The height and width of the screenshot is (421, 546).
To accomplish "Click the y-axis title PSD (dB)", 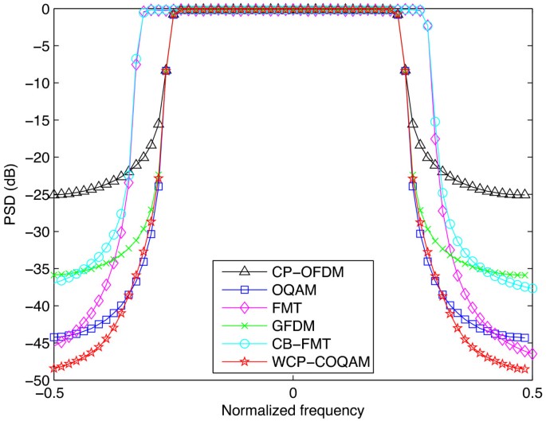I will click(x=11, y=194).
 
